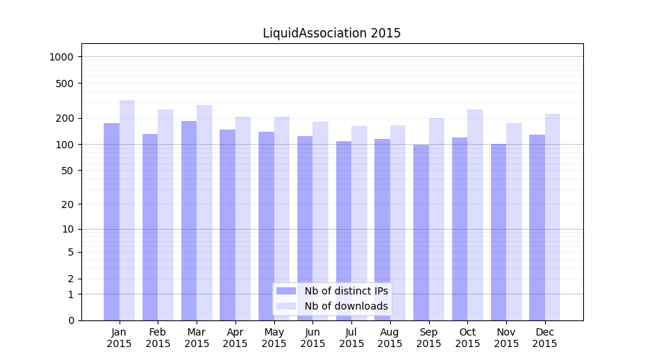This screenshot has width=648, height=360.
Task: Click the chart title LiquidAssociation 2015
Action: tap(331, 33)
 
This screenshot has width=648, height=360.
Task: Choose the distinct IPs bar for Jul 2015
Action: tap(343, 230)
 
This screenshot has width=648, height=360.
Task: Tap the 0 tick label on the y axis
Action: tap(71, 320)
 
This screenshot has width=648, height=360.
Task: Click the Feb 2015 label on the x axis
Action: tap(158, 338)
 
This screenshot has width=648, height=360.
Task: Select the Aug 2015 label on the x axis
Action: tap(390, 338)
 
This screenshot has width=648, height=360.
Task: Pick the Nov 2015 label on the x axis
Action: tap(506, 338)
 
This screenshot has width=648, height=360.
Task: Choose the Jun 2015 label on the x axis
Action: tap(312, 338)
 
